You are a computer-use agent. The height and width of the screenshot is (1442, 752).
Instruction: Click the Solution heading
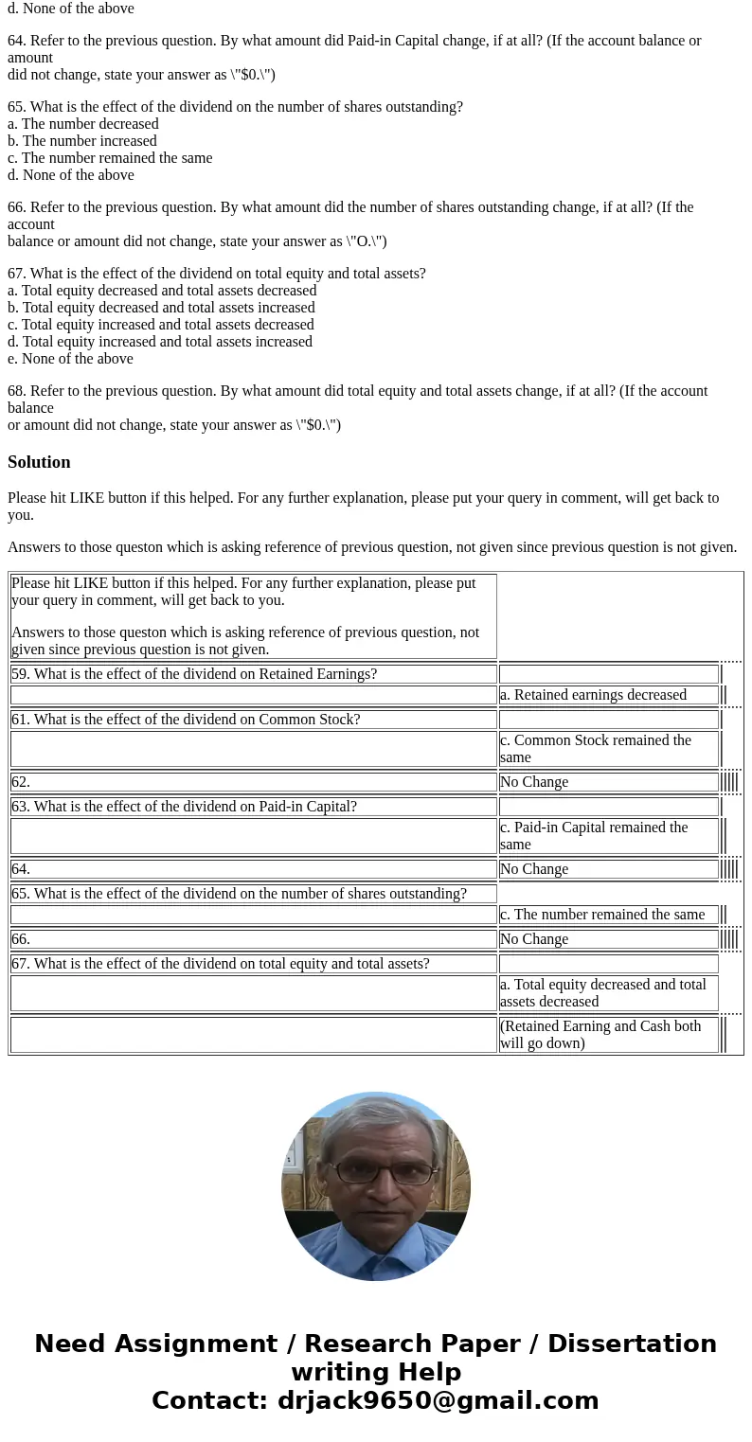click(39, 462)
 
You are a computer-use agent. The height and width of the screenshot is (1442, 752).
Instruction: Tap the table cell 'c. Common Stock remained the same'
click(608, 749)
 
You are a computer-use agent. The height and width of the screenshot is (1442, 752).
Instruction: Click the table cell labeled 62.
click(253, 782)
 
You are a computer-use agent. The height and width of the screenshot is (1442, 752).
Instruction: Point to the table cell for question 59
click(253, 674)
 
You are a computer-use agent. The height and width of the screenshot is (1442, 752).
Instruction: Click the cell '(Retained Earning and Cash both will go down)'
click(608, 1035)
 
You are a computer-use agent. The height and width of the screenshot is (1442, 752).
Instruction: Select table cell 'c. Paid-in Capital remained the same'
click(608, 836)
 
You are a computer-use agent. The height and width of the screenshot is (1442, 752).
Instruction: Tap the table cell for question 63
click(253, 807)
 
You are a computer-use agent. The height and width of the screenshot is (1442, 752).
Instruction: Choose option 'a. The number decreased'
click(83, 124)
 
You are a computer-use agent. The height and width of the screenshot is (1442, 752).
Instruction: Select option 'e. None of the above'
click(70, 359)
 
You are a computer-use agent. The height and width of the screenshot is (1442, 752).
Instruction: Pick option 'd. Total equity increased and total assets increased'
click(160, 342)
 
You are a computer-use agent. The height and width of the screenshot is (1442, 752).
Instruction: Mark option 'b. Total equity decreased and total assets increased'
click(161, 308)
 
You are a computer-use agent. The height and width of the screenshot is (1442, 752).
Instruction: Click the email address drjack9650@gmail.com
click(438, 1401)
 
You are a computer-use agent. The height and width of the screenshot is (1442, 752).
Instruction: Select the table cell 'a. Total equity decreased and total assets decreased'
click(608, 993)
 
